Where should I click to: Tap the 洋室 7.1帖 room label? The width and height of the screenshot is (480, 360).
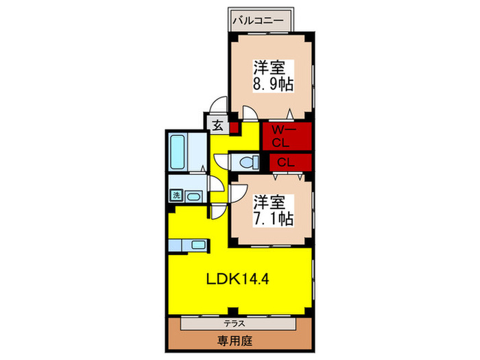272,211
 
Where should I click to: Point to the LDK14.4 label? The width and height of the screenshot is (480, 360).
239,279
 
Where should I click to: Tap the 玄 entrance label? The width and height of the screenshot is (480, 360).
217,125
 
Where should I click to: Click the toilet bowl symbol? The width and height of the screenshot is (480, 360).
246,161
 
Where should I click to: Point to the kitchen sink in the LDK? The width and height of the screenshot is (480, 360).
198,244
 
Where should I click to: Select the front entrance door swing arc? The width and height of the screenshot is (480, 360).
219,106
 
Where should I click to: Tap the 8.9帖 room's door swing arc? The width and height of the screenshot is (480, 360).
246,114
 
